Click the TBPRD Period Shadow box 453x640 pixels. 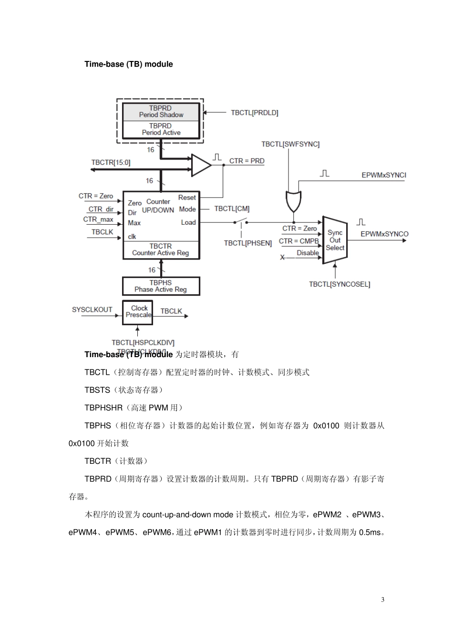click(161, 112)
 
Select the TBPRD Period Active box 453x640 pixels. click(161, 130)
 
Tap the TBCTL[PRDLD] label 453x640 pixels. click(254, 113)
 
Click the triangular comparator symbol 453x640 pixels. click(200, 165)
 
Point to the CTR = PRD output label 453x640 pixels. click(247, 161)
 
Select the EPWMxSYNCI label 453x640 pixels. click(383, 175)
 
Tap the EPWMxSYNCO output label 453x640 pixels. click(384, 234)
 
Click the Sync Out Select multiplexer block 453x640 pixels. click(335, 240)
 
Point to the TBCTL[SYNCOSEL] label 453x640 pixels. click(339, 284)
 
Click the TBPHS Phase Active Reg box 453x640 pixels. click(161, 286)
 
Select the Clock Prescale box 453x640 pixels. click(138, 312)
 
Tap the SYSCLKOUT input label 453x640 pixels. click(92, 310)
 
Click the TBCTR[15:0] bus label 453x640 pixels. click(111, 162)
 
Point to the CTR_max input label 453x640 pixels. click(98, 220)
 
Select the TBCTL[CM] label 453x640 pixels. click(232, 209)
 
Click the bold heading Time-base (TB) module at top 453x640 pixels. click(129, 64)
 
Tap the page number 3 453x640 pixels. click(382, 600)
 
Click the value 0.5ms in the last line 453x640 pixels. click(371, 532)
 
